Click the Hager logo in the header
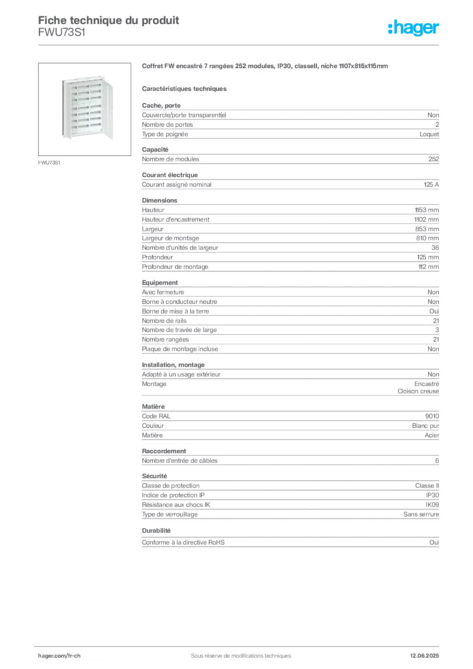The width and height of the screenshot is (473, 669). (414, 27)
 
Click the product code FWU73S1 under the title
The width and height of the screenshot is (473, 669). (62, 33)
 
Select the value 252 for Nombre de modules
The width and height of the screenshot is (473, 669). (433, 159)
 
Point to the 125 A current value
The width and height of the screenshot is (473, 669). (431, 185)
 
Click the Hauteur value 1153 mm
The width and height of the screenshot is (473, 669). (427, 210)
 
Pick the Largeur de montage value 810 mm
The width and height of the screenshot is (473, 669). (427, 238)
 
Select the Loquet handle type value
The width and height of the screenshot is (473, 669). (429, 134)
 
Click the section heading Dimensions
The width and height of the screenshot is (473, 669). (159, 200)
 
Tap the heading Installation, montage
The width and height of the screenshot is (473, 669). (173, 365)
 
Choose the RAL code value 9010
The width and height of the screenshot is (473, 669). (432, 416)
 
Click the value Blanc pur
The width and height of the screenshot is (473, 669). (425, 426)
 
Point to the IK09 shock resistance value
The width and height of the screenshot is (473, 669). (432, 505)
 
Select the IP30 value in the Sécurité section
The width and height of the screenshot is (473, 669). (432, 495)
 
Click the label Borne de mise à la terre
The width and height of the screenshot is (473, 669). (175, 312)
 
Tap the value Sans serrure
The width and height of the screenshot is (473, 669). (421, 515)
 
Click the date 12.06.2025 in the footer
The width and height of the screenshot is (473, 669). (425, 656)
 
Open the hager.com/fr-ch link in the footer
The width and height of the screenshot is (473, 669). (59, 656)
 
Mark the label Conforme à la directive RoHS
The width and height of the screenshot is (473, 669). (183, 542)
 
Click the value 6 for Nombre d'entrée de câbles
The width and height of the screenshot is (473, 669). (437, 461)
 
